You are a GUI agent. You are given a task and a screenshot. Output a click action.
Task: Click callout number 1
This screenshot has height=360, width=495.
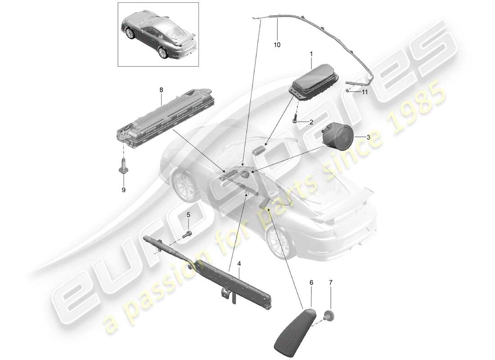tap(310, 54)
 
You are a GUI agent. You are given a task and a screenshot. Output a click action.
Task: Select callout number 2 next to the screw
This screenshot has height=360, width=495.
tap(311, 122)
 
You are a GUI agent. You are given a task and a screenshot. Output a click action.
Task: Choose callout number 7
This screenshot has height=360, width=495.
tap(331, 283)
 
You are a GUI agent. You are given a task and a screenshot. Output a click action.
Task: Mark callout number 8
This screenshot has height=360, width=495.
tap(161, 90)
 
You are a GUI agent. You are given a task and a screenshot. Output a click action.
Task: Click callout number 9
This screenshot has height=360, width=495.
tap(123, 189)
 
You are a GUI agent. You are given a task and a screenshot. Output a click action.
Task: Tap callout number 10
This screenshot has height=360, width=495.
tap(277, 45)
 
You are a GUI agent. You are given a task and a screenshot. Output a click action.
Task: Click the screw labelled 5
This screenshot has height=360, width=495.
tap(188, 234)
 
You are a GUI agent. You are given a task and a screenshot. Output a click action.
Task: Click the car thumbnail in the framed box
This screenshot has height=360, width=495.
tap(157, 34)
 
